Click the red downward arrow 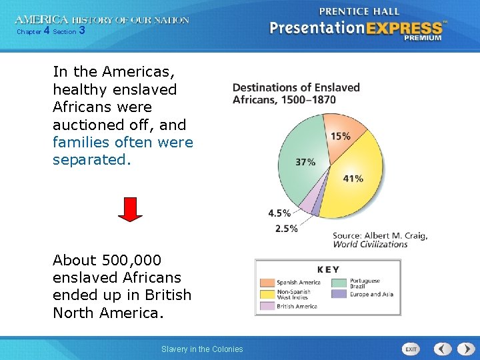point(131,209)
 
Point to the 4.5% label point(279,213)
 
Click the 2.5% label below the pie point(286,229)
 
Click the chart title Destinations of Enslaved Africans point(296,93)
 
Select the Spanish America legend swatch point(267,282)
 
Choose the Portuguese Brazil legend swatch point(339,282)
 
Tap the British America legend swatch point(267,306)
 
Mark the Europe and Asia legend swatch point(339,294)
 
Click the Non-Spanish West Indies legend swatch point(267,294)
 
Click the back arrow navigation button point(443,349)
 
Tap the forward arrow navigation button point(463,349)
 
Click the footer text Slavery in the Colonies point(202,349)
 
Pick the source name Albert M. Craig point(395,235)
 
